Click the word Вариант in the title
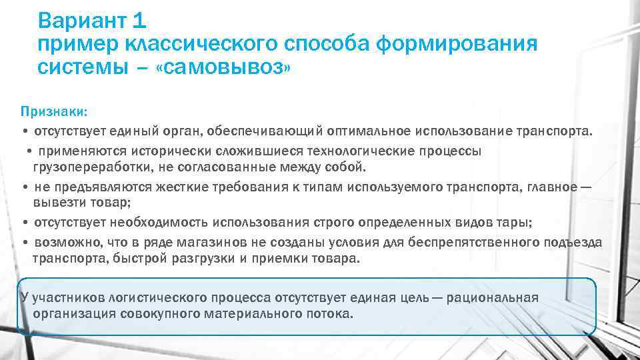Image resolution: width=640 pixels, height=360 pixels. tap(83, 21)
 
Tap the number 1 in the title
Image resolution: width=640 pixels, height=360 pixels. tap(139, 21)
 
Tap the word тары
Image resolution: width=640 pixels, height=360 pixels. tap(517, 221)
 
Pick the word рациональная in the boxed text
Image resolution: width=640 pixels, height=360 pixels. tap(497, 298)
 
